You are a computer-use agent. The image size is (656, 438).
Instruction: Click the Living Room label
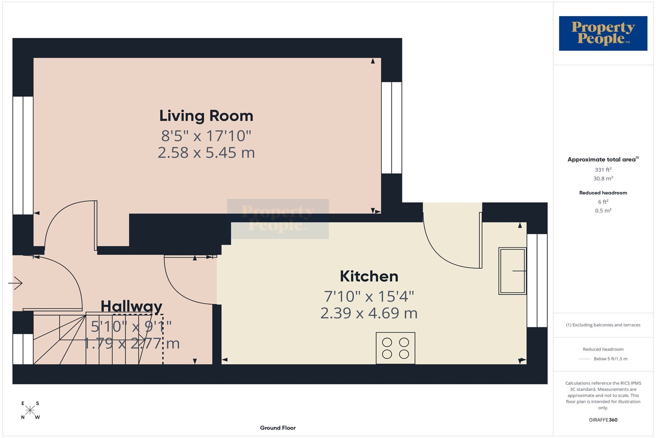[206, 116]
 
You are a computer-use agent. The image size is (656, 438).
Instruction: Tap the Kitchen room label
[369, 276]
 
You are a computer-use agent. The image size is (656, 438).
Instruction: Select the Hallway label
[131, 307]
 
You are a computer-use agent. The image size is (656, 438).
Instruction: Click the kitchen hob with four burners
[395, 348]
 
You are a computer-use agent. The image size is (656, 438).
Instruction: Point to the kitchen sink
[513, 271]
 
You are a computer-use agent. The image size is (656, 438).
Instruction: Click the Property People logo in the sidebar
[603, 33]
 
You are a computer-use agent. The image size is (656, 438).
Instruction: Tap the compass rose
[30, 410]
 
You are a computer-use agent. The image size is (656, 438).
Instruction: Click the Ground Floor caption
[278, 428]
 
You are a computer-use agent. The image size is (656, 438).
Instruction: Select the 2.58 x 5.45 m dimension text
[206, 153]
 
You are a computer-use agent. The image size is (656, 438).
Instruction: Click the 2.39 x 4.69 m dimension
[369, 313]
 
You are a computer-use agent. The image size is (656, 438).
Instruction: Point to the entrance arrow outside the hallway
[15, 283]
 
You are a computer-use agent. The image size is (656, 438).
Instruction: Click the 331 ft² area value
[603, 170]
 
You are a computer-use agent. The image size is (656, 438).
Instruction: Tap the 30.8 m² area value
[603, 178]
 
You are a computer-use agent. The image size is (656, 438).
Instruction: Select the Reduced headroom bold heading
[603, 193]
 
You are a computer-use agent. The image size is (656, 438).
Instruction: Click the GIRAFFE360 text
[603, 420]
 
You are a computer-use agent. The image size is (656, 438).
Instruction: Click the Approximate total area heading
[603, 159]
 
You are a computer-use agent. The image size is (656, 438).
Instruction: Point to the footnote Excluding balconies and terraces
[603, 325]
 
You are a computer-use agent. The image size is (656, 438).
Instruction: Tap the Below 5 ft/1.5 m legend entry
[611, 359]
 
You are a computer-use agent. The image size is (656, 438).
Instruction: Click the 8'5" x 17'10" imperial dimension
[206, 136]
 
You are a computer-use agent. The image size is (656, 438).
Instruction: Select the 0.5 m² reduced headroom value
[603, 211]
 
